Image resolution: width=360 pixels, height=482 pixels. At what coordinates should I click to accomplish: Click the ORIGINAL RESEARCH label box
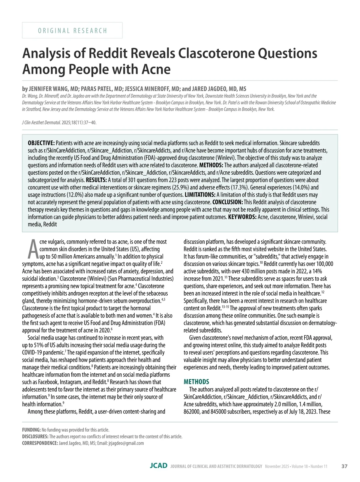pyautogui.click(x=72, y=30)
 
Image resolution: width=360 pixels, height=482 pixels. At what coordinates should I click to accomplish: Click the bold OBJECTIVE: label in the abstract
pyautogui.click(x=41, y=143)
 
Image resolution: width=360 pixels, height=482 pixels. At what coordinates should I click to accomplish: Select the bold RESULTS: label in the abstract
pyautogui.click(x=96, y=180)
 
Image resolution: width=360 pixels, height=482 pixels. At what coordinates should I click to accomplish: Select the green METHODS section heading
pyautogui.click(x=196, y=382)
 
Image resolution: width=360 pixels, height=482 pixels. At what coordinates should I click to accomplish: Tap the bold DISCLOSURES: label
pyautogui.click(x=35, y=436)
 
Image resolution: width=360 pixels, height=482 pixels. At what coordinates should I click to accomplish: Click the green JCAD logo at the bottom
pyautogui.click(x=159, y=466)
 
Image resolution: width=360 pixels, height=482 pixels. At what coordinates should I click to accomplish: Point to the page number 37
pyautogui.click(x=344, y=466)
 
